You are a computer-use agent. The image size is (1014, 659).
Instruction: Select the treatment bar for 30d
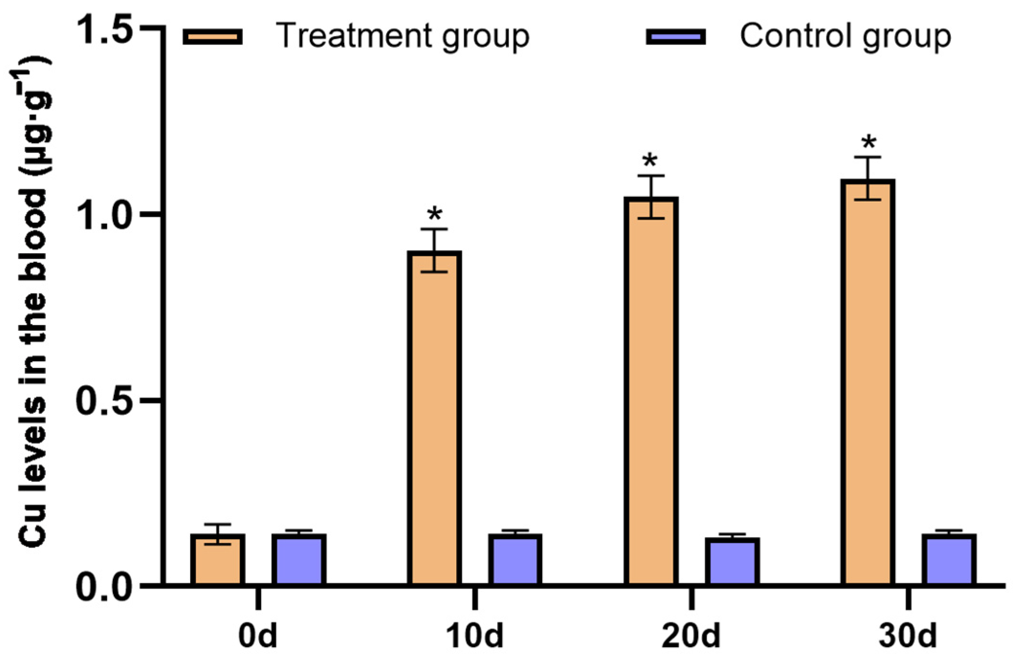[868, 382]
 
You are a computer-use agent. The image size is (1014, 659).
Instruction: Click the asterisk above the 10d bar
[435, 214]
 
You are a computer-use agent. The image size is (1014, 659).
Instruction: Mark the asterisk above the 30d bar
[868, 142]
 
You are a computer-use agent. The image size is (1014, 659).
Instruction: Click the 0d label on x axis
[258, 636]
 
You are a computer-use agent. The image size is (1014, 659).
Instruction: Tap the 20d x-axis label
[691, 636]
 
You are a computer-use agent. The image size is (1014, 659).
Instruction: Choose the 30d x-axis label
[908, 636]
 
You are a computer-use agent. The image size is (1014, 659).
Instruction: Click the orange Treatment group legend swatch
[213, 36]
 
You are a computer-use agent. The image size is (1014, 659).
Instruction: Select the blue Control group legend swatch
[676, 36]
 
